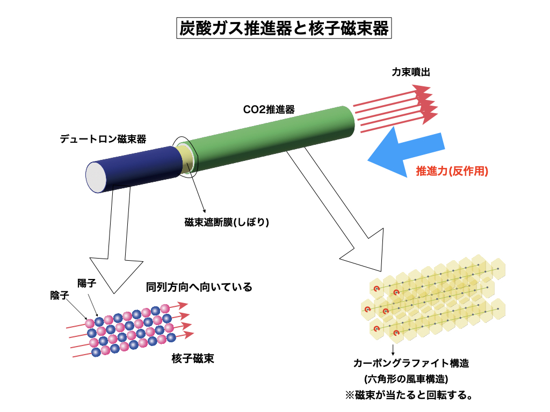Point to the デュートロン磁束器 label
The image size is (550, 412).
click(x=103, y=139)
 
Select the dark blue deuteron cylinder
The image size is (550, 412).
click(x=140, y=168)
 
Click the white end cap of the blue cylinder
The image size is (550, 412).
click(x=97, y=176)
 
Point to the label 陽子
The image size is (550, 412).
click(x=86, y=283)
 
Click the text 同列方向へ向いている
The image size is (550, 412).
click(x=199, y=287)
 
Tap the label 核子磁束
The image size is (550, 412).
click(x=193, y=359)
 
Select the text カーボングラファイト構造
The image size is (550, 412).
click(x=411, y=363)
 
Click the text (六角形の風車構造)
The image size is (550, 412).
click(x=406, y=379)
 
